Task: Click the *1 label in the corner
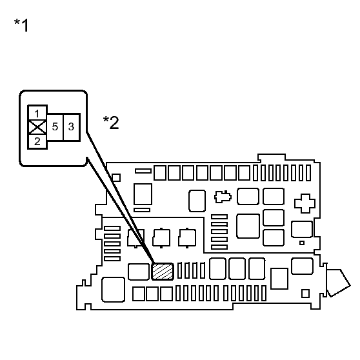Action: click(21, 25)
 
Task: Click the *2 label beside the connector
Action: click(111, 123)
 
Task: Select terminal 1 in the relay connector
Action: click(37, 113)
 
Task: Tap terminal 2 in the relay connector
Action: click(37, 141)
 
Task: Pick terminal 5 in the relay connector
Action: click(55, 126)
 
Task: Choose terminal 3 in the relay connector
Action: click(71, 126)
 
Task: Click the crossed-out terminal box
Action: click(37, 127)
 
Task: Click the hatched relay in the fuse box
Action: click(163, 272)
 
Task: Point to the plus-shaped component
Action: click(305, 203)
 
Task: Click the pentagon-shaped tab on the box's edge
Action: click(338, 283)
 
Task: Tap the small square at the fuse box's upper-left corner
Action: click(116, 177)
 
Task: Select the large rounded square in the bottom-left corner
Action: click(113, 290)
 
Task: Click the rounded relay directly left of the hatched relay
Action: click(139, 272)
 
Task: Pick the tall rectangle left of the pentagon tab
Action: click(279, 279)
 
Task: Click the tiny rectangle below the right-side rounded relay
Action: click(302, 243)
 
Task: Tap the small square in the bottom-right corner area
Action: click(305, 294)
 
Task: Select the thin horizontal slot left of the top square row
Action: click(143, 171)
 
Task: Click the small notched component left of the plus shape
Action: click(223, 197)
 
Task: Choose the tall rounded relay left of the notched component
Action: click(197, 201)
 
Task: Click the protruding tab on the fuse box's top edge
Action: click(272, 157)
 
